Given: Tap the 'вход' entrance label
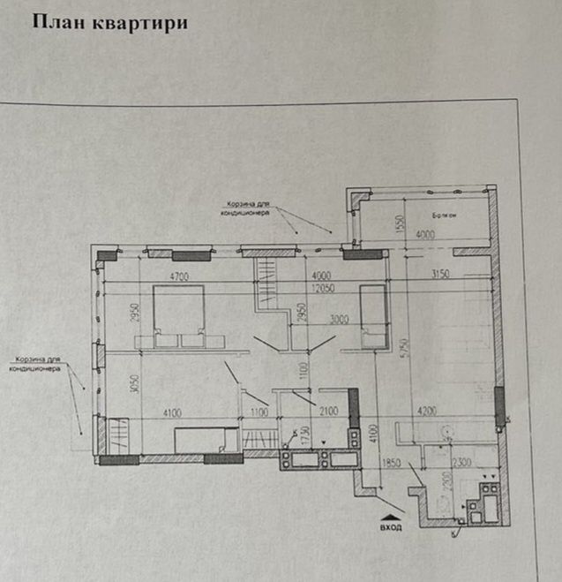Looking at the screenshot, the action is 392,527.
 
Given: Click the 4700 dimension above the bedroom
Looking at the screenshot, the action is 180,276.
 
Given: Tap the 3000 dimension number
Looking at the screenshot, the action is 338,320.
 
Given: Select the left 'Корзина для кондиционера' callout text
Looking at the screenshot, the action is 35,365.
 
